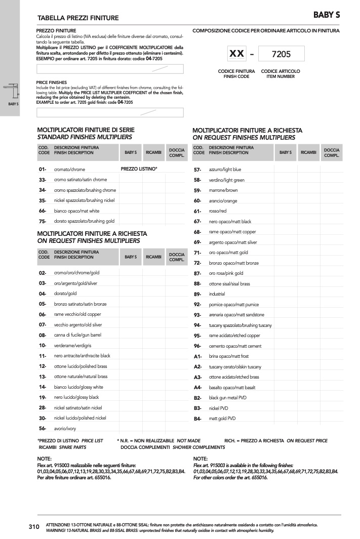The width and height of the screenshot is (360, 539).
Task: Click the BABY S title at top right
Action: tap(326, 15)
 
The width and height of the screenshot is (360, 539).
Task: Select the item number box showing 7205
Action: tap(281, 54)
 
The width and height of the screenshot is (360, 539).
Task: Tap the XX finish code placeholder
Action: tap(236, 54)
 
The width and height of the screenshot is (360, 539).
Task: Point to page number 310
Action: tap(34, 527)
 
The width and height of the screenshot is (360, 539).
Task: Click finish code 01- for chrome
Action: tap(43, 170)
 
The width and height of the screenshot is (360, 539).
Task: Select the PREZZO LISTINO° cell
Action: tap(139, 169)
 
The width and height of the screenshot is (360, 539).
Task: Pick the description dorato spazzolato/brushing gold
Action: tap(84, 221)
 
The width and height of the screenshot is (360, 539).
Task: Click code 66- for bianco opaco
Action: tap(43, 211)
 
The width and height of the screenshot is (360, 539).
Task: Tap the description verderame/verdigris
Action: tap(74, 346)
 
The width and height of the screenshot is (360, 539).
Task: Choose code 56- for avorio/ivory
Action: tap(43, 429)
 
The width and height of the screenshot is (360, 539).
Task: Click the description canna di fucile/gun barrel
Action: tap(78, 335)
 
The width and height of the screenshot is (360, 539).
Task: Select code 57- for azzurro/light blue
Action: tap(197, 170)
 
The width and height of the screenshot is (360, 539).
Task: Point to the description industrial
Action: tap(217, 294)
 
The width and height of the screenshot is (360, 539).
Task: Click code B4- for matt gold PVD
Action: tap(197, 419)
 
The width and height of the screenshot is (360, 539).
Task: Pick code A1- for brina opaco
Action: tap(197, 356)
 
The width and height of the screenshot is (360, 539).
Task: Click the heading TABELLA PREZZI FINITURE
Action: tap(78, 18)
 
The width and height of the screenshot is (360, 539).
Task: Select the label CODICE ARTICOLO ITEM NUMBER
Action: tap(281, 74)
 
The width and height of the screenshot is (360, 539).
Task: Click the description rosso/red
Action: tap(218, 211)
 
